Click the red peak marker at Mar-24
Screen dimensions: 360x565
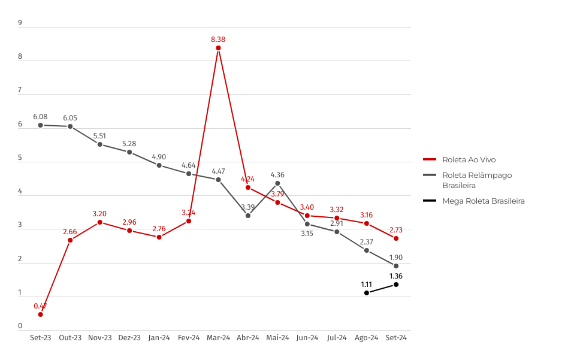coord(219,48)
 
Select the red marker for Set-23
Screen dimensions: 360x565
coord(41,314)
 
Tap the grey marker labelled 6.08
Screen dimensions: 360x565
coord(41,125)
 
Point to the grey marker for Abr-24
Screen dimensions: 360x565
coord(248,216)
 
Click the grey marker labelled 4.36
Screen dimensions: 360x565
coord(278,183)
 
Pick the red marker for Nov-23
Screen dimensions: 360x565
coord(100,222)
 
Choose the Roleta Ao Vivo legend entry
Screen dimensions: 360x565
coord(469,160)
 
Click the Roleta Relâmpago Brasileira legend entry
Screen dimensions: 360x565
coord(477,180)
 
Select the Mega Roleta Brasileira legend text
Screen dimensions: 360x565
coord(484,201)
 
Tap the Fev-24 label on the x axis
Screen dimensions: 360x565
coord(189,338)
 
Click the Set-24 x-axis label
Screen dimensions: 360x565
coord(396,338)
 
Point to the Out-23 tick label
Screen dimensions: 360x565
coord(70,338)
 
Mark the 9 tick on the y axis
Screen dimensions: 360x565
coord(20,23)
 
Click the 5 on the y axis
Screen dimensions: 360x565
coord(20,159)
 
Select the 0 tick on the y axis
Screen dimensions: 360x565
coord(20,327)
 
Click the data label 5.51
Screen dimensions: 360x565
coord(100,136)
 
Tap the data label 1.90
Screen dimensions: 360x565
coord(396,258)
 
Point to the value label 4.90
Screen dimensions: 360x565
coord(159,156)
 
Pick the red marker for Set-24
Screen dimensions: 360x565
coord(396,238)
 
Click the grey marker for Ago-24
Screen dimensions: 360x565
coord(367,250)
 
